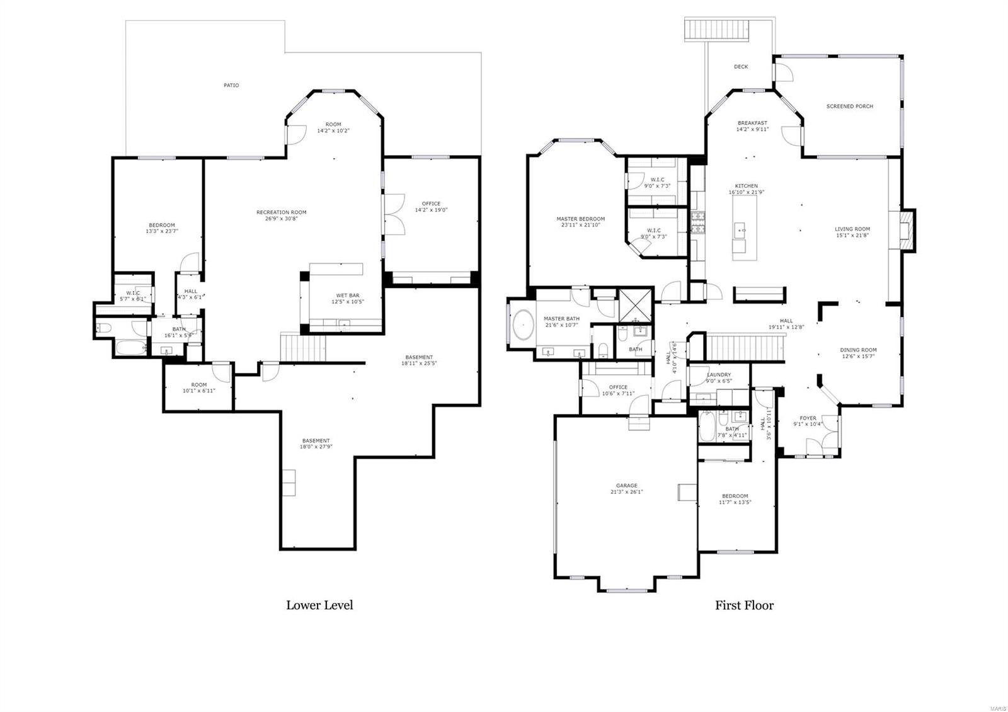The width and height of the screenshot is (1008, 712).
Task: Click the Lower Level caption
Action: coord(319,606)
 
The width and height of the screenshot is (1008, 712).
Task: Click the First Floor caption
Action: coord(744,606)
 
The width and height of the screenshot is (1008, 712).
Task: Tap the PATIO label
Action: coord(231,85)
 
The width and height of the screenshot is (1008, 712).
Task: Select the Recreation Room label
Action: coord(281,212)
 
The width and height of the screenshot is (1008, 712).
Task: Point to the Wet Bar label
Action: coord(347,296)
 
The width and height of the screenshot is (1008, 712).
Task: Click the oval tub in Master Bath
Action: coord(522,328)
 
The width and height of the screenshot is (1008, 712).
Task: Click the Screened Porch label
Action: coord(849,106)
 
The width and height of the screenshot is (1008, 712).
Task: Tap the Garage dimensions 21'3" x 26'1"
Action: coord(626,492)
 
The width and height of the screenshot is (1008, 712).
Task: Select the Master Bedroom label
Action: coord(580,219)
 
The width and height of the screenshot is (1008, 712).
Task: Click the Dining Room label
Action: coord(858,350)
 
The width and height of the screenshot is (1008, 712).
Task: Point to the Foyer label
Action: coord(808,418)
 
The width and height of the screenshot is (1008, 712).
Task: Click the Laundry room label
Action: coord(719,375)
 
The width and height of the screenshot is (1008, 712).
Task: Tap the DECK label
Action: coord(741,66)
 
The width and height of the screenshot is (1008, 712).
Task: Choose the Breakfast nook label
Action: coord(752,123)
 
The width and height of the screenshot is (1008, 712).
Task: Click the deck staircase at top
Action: coord(717,30)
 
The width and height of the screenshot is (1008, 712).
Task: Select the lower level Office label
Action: coord(431,204)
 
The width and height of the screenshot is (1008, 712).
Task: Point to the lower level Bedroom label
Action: coord(162,225)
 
